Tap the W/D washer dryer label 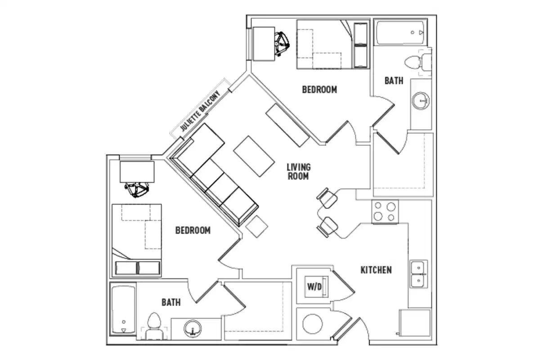coord(314,287)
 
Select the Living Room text coord(298,171)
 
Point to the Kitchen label coord(376,270)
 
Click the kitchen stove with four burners coord(385,211)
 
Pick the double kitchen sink coord(418,274)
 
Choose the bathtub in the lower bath coord(122,310)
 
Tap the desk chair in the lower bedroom coord(136,189)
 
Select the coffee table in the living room coord(254,156)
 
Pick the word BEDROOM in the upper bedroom coord(319,90)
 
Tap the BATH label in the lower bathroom coord(171,302)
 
